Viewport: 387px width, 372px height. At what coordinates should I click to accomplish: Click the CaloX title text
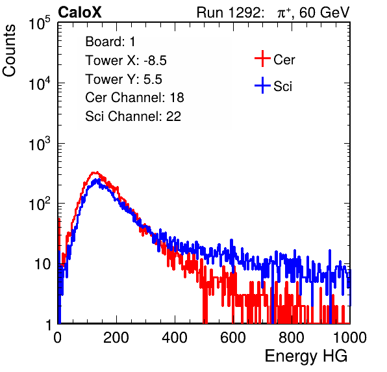coord(80,12)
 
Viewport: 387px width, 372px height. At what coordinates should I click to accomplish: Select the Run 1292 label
coord(229,12)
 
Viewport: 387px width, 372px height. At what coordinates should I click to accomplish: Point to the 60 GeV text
coord(324,12)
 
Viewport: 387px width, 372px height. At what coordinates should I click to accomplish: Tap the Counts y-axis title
coord(9,51)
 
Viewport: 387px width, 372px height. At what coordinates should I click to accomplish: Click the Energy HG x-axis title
coord(306,356)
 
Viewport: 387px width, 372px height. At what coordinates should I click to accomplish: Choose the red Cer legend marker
coord(262,59)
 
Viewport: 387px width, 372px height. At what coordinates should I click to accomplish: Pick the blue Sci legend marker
coord(262,86)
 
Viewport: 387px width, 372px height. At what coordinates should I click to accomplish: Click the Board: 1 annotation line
coord(110,42)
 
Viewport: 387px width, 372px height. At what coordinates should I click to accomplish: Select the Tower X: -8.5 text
coord(126,60)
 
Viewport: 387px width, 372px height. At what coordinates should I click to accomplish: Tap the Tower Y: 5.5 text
coord(123,79)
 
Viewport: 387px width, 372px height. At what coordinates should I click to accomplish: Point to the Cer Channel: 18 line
coord(134,98)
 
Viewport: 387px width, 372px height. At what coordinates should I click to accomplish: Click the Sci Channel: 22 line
coord(133,116)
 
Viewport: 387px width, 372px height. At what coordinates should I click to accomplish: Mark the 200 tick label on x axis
coord(116,338)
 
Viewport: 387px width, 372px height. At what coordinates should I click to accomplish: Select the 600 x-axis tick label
coord(233,338)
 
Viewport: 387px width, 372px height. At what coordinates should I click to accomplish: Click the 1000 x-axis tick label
coord(350,338)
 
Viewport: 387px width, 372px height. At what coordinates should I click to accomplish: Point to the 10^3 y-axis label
coord(40,144)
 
